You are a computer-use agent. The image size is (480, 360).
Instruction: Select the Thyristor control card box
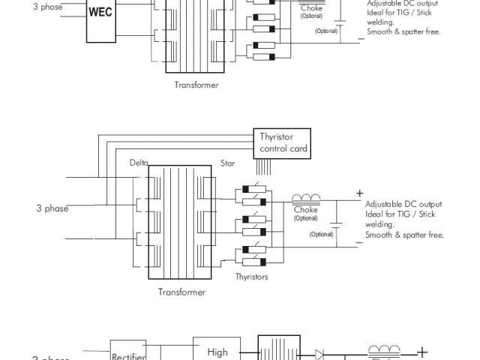283,142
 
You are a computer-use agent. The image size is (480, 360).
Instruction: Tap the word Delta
139,162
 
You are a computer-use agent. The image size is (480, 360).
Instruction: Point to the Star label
227,162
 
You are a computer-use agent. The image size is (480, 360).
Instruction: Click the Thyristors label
252,277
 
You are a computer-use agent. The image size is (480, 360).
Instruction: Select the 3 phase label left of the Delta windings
52,208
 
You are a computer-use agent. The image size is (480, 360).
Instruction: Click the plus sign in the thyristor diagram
359,193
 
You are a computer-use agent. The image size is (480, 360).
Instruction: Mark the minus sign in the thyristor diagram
359,244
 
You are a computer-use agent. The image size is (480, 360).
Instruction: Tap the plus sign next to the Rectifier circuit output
423,351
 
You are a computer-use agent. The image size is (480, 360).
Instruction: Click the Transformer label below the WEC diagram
196,85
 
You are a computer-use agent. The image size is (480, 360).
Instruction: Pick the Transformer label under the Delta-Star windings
181,292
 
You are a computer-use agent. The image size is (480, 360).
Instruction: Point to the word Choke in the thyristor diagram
305,210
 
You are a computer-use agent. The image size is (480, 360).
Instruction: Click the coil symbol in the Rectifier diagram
382,350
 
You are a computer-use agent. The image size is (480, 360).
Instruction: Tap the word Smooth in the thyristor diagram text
381,235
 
